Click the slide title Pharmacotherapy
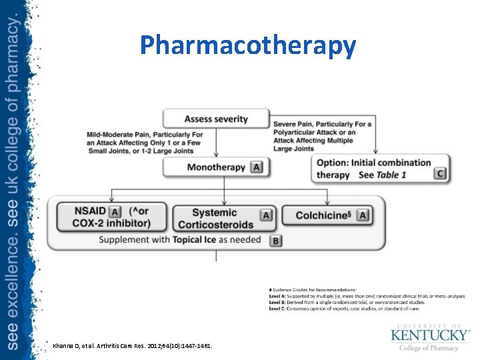click(x=248, y=45)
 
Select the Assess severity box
click(x=216, y=119)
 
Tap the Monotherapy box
click(x=216, y=167)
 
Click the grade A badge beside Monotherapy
click(x=257, y=167)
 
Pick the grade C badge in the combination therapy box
click(x=439, y=173)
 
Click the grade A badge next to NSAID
click(x=115, y=213)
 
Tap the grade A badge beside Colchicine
click(x=363, y=215)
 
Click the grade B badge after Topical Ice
click(x=276, y=240)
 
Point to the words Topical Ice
click(x=197, y=239)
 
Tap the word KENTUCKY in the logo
click(x=430, y=334)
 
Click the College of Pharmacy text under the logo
click(x=429, y=347)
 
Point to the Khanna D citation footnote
click(x=132, y=345)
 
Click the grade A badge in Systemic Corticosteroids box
click(x=266, y=215)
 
